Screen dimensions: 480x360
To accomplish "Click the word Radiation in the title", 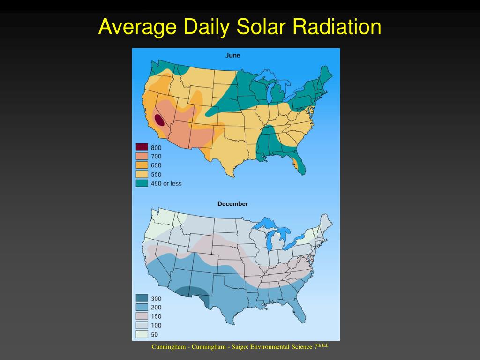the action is [x=337, y=26].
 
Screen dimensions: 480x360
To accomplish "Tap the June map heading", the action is [x=232, y=55].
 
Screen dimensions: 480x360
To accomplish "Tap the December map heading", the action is [x=232, y=203].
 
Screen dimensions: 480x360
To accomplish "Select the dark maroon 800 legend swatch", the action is [x=142, y=147].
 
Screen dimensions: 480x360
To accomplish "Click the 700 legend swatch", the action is [x=142, y=156].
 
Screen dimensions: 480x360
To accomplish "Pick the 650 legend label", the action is [x=156, y=165].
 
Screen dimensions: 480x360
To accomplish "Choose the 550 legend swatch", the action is [x=142, y=174].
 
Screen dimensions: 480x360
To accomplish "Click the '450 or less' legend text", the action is [x=166, y=183].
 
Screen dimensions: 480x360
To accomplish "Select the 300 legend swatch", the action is [x=142, y=298].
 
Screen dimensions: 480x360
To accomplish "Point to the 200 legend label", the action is [x=156, y=307].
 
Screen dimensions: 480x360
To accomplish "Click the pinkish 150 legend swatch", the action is [x=142, y=316].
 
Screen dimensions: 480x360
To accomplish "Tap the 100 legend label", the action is [x=156, y=325].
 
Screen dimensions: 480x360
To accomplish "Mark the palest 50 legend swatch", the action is [x=142, y=334].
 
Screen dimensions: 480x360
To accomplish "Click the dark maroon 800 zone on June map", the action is [x=159, y=120].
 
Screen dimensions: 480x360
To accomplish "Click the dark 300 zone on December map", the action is [x=193, y=294].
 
